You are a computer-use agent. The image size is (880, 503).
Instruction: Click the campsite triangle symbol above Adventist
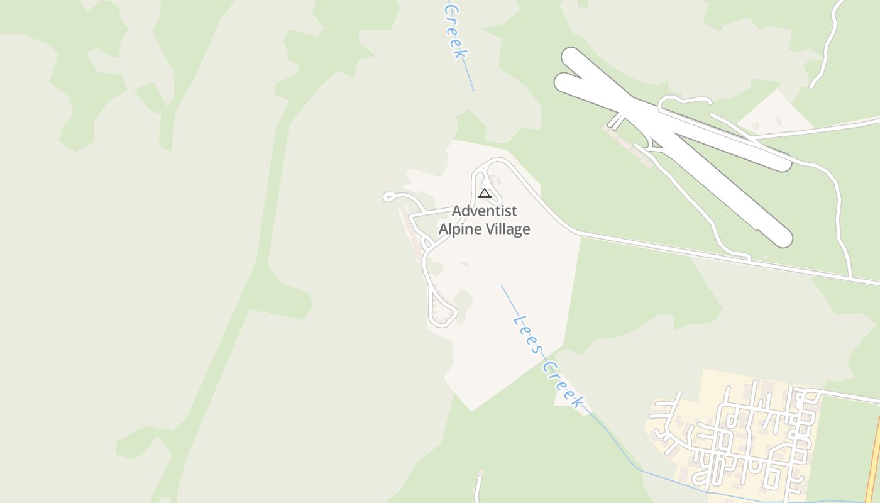[x=484, y=193]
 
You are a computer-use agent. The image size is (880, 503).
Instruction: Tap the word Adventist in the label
[x=484, y=210]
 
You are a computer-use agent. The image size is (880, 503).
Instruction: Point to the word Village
[x=507, y=229]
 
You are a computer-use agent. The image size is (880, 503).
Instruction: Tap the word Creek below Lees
[x=564, y=385]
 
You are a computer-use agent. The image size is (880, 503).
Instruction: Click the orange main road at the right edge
[x=874, y=465]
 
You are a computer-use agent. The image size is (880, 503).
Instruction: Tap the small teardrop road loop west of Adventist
[x=390, y=197]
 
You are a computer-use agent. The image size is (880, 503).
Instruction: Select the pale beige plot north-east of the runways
[x=776, y=113]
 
